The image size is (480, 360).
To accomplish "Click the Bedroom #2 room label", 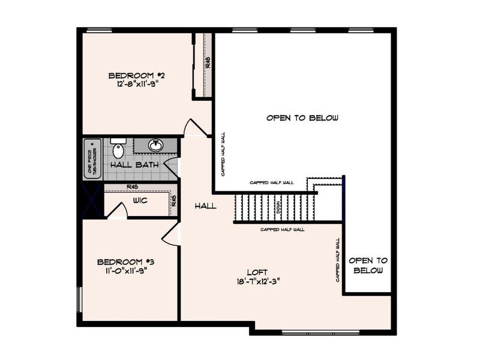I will [136, 76].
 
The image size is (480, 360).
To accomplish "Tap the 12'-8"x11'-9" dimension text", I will [137, 85].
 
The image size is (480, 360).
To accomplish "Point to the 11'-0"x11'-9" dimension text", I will [126, 271].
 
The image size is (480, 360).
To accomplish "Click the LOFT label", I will [260, 272].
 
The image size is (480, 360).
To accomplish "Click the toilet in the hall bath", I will [118, 149].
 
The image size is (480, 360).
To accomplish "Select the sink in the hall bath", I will [155, 145].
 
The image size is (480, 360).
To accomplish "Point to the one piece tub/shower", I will [92, 158].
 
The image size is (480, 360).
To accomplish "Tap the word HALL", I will [205, 206].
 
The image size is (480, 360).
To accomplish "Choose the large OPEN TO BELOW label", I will [302, 118].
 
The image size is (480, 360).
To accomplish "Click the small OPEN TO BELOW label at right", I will [368, 265].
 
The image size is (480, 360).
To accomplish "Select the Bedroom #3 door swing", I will [170, 235].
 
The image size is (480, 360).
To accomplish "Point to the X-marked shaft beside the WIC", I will [93, 200].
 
